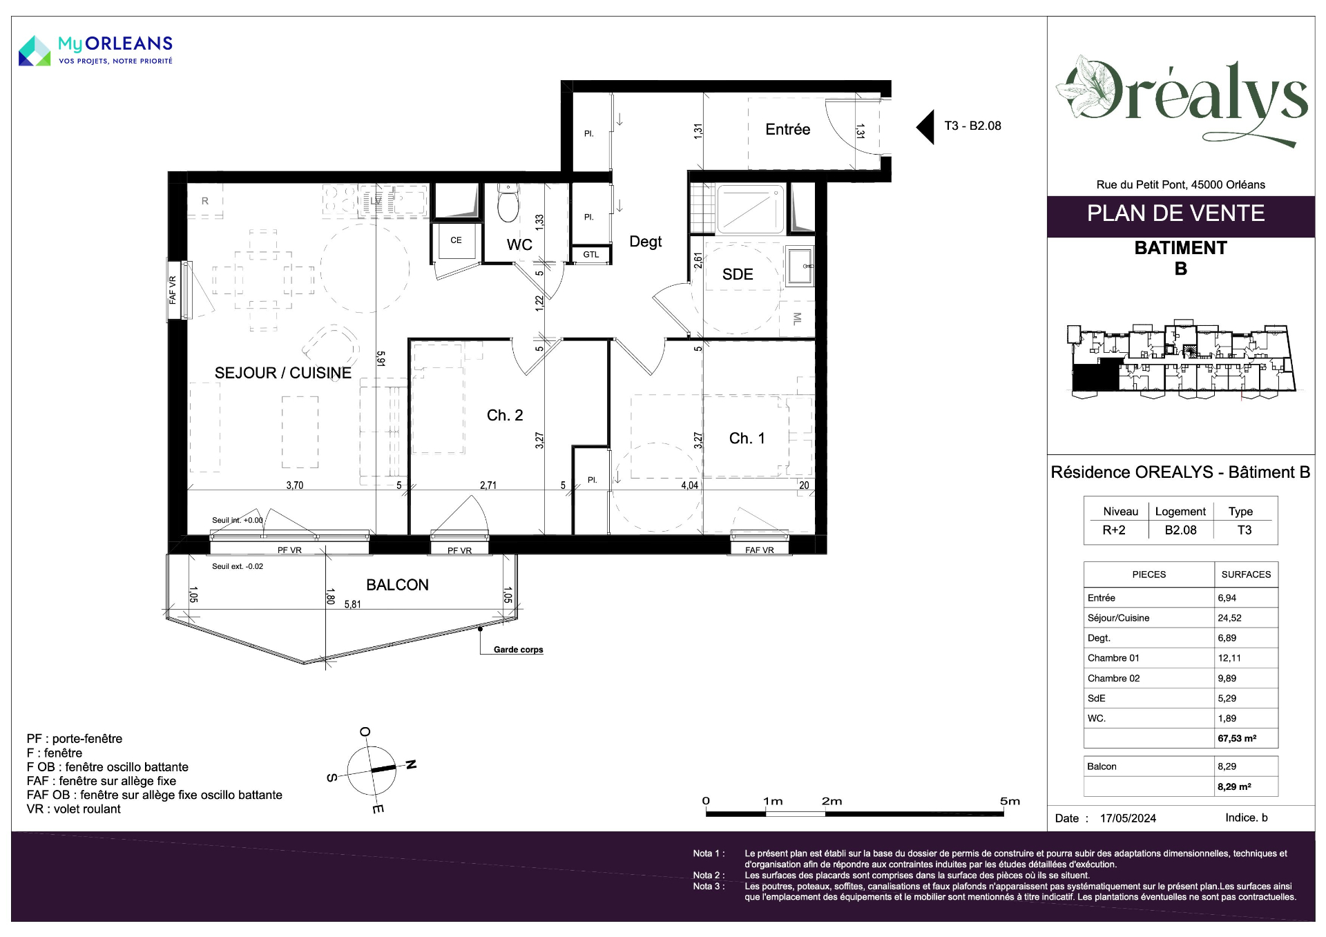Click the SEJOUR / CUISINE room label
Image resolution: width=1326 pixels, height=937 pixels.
pos(283,373)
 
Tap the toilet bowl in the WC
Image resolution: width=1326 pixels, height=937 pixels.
pos(508,202)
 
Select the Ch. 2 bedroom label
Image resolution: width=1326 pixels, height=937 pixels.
pos(505,415)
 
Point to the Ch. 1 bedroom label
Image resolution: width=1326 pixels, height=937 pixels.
pos(747,438)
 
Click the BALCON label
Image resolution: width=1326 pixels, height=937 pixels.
pos(397,585)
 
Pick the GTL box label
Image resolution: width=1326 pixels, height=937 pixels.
pos(591,255)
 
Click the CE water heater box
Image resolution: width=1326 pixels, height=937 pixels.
pos(456,241)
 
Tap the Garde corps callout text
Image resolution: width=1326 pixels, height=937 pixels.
pos(519,650)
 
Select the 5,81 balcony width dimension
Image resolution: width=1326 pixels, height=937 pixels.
pos(352,604)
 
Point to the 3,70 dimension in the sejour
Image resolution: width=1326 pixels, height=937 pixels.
pos(295,485)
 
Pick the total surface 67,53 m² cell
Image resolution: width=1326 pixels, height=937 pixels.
pos(1237,738)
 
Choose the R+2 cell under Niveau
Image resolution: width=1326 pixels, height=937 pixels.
pos(1114,530)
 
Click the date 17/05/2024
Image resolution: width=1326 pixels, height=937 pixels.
pos(1128,818)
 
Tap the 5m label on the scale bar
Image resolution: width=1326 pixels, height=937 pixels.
pos(1010,801)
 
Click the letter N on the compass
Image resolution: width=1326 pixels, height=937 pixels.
pos(411,764)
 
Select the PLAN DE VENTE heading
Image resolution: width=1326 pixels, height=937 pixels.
pos(1175,213)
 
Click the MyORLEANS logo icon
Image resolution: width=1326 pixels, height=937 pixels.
pos(35,51)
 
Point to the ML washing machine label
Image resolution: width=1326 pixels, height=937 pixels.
pos(797,318)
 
